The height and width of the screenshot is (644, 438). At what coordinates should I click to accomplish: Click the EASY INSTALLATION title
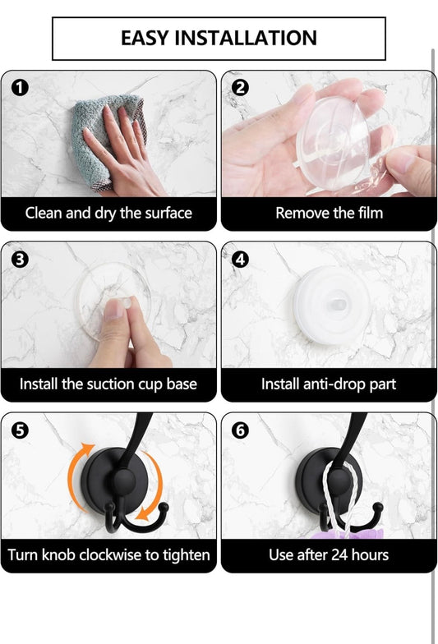pos(219,38)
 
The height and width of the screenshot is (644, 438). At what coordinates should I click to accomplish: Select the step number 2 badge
pos(240,87)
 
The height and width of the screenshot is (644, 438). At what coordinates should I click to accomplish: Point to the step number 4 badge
pos(240,259)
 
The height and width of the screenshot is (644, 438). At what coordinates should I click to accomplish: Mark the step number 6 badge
pos(240,430)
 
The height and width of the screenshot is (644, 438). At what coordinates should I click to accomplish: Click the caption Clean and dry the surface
pos(108,213)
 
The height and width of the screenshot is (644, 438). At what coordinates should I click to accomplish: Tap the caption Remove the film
pos(329,213)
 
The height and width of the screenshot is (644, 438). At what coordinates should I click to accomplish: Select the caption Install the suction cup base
pos(108,384)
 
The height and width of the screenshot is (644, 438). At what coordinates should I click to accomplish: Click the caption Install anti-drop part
pos(329,384)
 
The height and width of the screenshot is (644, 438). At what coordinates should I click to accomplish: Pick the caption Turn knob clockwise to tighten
pos(108,554)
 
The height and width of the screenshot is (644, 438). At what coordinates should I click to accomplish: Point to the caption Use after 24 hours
pos(329,554)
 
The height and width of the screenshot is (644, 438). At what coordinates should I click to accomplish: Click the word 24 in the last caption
pos(342,554)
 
